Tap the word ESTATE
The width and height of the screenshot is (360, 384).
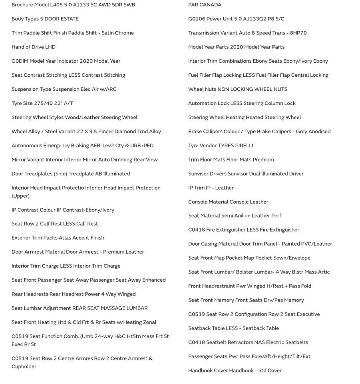click(70, 19)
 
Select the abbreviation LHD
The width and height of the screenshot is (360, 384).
click(50, 47)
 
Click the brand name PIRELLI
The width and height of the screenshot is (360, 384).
click(244, 146)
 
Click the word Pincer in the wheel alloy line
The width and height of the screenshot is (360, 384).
click(106, 132)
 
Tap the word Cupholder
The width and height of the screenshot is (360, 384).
click(24, 367)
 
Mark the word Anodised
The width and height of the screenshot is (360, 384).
click(319, 132)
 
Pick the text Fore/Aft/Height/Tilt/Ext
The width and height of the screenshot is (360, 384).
click(281, 356)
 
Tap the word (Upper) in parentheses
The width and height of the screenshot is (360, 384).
click(20, 196)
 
